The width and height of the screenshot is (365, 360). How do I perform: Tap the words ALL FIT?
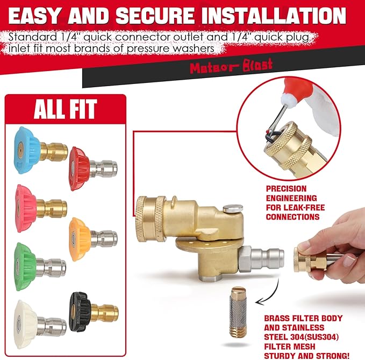[x=65, y=110]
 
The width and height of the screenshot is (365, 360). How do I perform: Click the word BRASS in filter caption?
[x=277, y=317]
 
